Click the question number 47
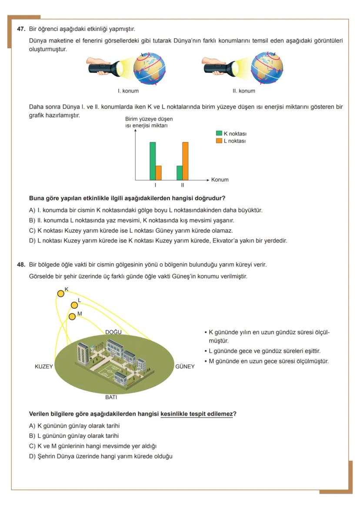(21, 29)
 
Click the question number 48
(21, 265)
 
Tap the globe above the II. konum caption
(267, 68)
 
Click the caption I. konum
(128, 91)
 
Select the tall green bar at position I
(153, 161)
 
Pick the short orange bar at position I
(159, 173)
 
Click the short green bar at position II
(180, 173)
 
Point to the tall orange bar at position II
(186, 161)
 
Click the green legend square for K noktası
(220, 134)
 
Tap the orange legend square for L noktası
(220, 141)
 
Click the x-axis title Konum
(220, 180)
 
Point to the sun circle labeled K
(61, 294)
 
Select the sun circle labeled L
(74, 305)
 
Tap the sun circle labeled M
(72, 316)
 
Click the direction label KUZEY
(44, 366)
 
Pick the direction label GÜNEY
(185, 366)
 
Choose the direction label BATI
(111, 397)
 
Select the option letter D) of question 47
(32, 241)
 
